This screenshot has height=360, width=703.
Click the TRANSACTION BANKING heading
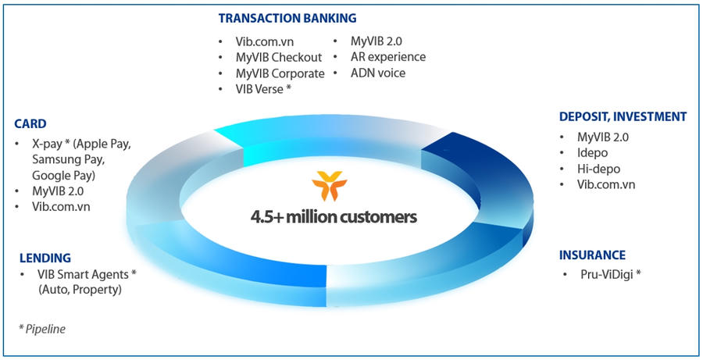[x=287, y=19]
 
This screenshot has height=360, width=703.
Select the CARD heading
[x=30, y=123]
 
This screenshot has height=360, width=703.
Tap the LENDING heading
[x=45, y=258]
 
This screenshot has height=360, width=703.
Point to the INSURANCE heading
[x=592, y=255]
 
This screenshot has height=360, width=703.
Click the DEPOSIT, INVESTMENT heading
[x=623, y=116]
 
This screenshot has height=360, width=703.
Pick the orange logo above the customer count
[x=330, y=185]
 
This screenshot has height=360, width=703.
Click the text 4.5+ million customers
[x=334, y=217]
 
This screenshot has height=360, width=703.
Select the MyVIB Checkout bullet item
[x=279, y=57]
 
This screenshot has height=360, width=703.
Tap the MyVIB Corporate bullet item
[x=280, y=73]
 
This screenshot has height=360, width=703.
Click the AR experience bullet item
[x=388, y=57]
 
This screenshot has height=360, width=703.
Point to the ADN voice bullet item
[x=378, y=73]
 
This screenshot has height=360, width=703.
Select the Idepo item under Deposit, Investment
[x=592, y=153]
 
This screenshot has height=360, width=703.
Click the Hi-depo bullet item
[x=598, y=169]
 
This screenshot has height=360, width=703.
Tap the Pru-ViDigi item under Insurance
[x=611, y=274]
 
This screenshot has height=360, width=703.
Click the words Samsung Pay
[x=68, y=159]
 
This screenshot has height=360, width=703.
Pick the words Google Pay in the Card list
[x=63, y=175]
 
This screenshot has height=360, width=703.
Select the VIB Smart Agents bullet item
[x=87, y=274]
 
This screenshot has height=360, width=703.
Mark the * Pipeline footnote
[x=42, y=329]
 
